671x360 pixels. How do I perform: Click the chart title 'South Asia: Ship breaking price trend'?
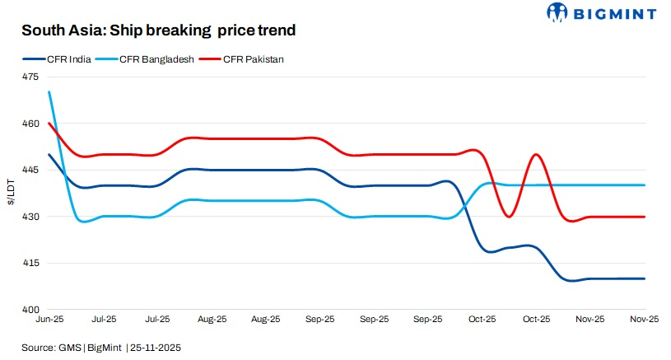point(158,30)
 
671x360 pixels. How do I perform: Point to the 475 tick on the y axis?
point(30,77)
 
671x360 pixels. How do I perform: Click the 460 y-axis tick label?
point(30,124)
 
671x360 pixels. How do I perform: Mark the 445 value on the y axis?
point(30,170)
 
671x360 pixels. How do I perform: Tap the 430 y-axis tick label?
point(30,217)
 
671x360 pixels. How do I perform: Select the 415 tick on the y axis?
point(30,263)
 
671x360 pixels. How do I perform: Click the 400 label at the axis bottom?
point(30,310)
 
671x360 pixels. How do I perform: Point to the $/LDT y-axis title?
point(10,194)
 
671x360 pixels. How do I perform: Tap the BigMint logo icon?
point(557,12)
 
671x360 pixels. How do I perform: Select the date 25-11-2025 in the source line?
point(156,348)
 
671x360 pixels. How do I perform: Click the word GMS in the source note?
point(69,348)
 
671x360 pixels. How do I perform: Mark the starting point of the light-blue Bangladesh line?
point(49,92)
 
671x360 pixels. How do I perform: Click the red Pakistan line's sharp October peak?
point(536,154)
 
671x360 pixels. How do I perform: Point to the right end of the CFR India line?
point(645,278)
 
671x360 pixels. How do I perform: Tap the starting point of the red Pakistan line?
point(49,124)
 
